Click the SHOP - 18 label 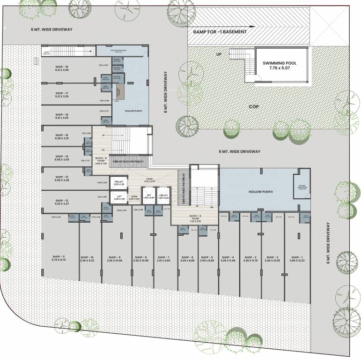62,67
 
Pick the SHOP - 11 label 59,256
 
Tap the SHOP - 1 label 297,257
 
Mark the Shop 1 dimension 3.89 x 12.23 297,261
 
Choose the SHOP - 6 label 187,257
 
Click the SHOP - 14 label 62,156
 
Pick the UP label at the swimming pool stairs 219,54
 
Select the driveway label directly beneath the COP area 239,151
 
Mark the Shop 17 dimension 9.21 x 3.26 62,97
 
